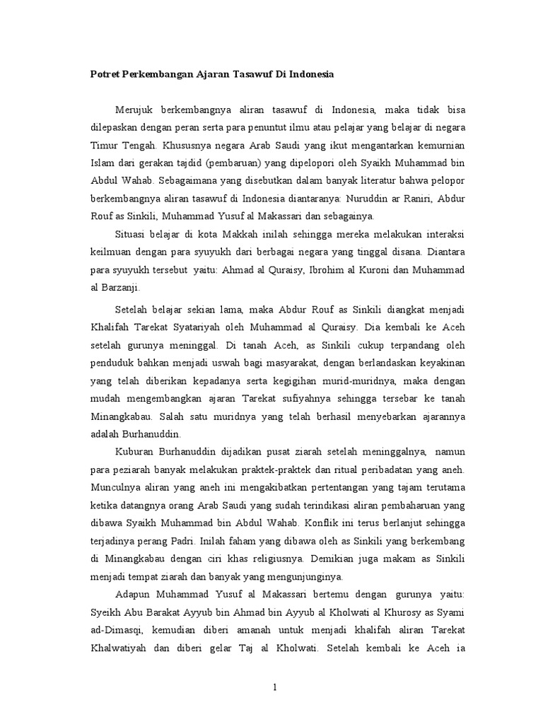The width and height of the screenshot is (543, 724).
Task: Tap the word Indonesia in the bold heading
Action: click(x=310, y=74)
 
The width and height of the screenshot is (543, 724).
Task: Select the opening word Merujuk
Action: click(x=134, y=110)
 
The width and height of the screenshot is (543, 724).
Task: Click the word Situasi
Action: click(x=132, y=234)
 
